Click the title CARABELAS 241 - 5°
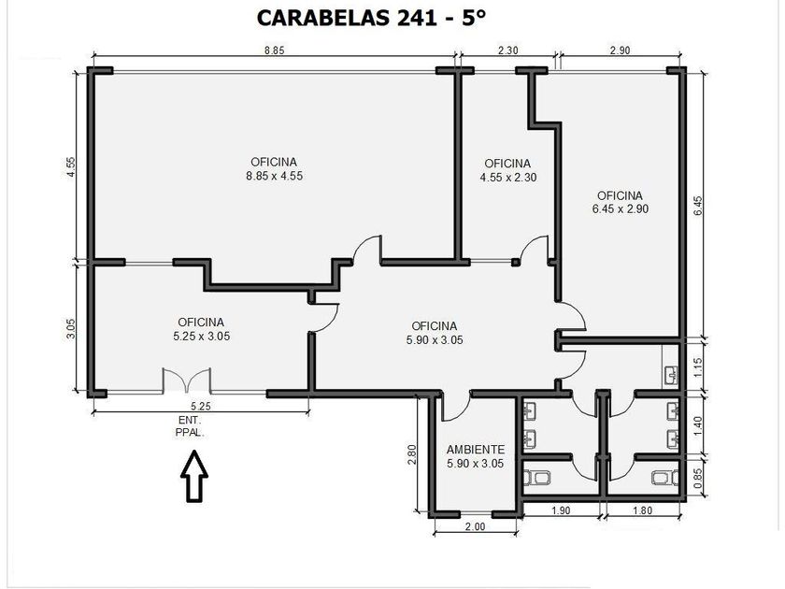pos(371,18)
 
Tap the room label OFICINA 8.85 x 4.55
pos(275,169)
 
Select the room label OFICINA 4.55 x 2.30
pos(508,170)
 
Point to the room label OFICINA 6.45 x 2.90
pos(621,202)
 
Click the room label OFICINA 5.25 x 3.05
pos(201,329)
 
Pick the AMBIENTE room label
pos(475,457)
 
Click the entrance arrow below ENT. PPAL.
pos(194,476)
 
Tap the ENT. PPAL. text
pos(190,426)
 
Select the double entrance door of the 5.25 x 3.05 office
pos(186,381)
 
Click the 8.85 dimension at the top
pos(275,50)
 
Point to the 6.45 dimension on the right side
pos(698,206)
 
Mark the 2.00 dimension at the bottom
pos(475,526)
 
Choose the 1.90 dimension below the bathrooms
pos(561,510)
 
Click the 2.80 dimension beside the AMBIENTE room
pos(412,454)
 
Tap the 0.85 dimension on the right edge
pos(698,478)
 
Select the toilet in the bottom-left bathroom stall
pos(536,478)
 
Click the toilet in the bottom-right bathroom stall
pos(665,478)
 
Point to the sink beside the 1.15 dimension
pos(671,375)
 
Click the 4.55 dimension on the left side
pos(71,166)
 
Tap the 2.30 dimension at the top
pos(507,50)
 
